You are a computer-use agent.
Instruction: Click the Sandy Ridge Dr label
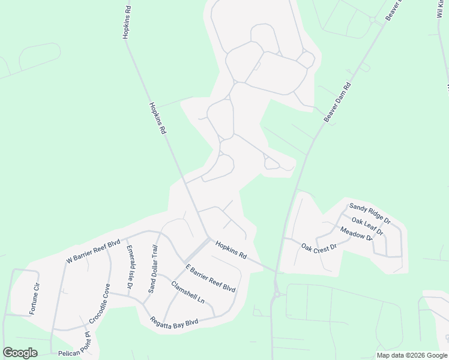pyautogui.click(x=369, y=214)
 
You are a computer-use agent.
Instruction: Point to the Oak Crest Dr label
pyautogui.click(x=319, y=247)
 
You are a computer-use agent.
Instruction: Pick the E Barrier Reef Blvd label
pyautogui.click(x=210, y=278)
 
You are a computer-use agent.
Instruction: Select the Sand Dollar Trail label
pyautogui.click(x=153, y=268)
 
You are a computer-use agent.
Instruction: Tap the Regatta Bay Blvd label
pyautogui.click(x=174, y=322)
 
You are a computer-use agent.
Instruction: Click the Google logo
pyautogui.click(x=20, y=353)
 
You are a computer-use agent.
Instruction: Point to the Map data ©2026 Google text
pyautogui.click(x=412, y=355)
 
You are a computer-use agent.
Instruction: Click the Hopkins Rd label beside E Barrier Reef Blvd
pyautogui.click(x=231, y=250)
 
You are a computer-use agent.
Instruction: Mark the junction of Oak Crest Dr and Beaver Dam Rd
pyautogui.click(x=283, y=239)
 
